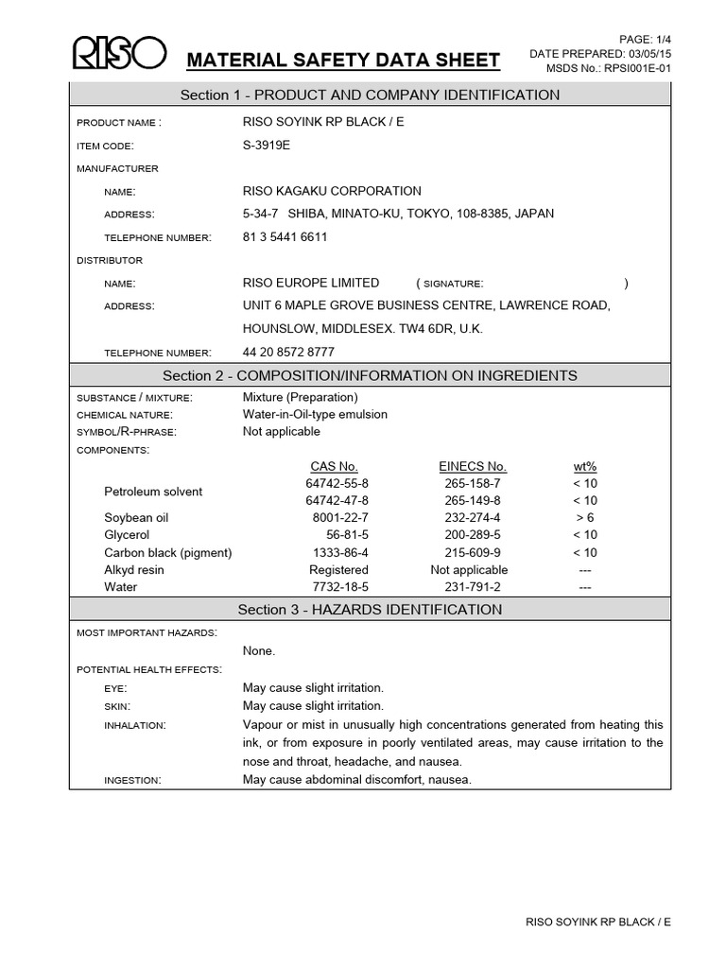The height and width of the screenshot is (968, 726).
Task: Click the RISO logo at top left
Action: click(x=119, y=55)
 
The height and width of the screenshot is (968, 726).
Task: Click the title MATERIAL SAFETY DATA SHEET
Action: click(x=343, y=61)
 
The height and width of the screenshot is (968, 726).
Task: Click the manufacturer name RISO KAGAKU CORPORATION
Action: click(x=332, y=191)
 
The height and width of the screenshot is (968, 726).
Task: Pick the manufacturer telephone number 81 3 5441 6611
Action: click(x=285, y=237)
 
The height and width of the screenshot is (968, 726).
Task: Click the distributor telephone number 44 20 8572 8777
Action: click(x=288, y=352)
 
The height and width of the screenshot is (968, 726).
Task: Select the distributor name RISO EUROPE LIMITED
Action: click(x=311, y=283)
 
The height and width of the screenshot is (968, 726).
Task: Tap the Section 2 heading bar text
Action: click(x=370, y=375)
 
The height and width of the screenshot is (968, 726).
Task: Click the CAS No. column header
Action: click(x=334, y=466)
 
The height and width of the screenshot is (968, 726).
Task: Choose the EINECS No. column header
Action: click(x=473, y=466)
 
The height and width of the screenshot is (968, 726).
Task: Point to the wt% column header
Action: click(x=585, y=466)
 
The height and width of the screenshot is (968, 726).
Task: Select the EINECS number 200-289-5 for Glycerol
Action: click(x=473, y=535)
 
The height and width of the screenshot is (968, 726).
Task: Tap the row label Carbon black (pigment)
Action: click(x=167, y=552)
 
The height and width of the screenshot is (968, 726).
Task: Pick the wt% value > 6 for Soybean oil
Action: click(x=585, y=518)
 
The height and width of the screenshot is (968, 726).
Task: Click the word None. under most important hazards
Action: click(x=260, y=650)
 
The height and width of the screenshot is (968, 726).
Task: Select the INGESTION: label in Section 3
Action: click(x=132, y=780)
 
